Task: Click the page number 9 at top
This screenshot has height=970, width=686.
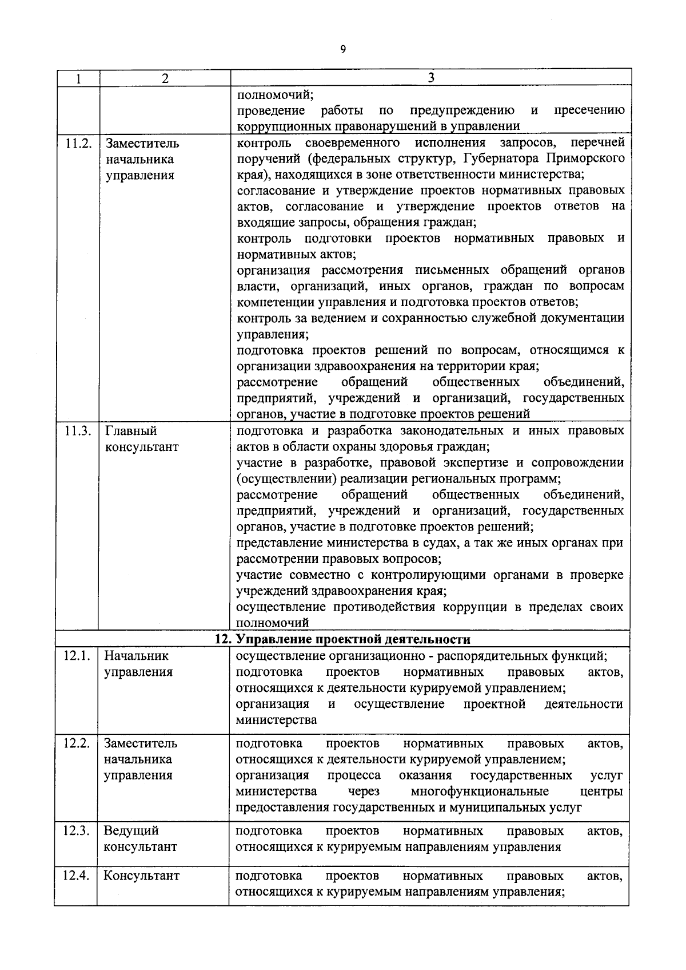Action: (x=343, y=50)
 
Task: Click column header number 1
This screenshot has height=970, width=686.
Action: (x=78, y=78)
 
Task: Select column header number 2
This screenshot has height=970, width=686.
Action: (x=165, y=78)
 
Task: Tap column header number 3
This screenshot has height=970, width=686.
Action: (x=430, y=77)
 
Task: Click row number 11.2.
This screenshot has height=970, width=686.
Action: (x=78, y=143)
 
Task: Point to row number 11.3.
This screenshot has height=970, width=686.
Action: (x=78, y=431)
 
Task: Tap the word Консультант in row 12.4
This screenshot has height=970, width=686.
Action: (x=141, y=876)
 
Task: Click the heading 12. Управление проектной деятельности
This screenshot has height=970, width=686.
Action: (x=342, y=639)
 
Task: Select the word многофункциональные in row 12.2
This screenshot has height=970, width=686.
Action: (x=480, y=791)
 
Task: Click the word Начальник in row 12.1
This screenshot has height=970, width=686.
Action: (x=136, y=656)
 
